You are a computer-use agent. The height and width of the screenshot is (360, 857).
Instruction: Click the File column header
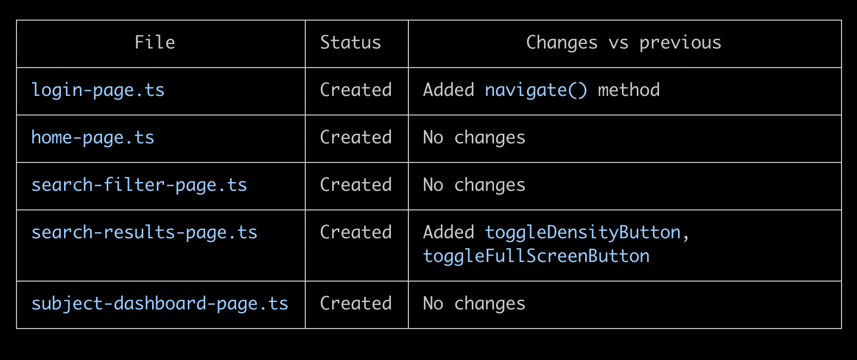[x=155, y=42]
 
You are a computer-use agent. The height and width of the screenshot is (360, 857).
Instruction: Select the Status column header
[x=351, y=42]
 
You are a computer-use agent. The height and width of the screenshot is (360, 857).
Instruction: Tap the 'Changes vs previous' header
[x=623, y=43]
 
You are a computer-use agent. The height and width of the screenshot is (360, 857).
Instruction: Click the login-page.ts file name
[x=98, y=91]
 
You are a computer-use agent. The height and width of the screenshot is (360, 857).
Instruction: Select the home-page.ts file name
[x=93, y=138]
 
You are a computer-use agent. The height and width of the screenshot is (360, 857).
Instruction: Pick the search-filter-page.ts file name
[x=139, y=186]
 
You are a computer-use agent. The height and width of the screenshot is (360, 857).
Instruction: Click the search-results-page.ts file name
[x=144, y=233]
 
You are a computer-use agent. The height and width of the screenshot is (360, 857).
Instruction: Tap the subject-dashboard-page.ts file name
[x=159, y=304]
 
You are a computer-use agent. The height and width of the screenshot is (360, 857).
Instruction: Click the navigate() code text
[x=536, y=91]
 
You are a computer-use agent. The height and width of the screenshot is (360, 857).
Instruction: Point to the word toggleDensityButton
[x=583, y=233]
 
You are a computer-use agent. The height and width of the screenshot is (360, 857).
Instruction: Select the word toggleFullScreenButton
[x=536, y=257]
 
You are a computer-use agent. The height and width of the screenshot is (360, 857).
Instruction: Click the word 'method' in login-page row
[x=629, y=90]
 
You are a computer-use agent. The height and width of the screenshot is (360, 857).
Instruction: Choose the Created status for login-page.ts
[x=356, y=90]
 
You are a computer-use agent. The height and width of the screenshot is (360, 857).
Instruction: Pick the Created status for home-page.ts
[x=356, y=138]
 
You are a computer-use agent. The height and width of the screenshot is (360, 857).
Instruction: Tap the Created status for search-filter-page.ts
[x=356, y=185]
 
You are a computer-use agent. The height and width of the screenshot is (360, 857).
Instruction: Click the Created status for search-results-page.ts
[x=356, y=233]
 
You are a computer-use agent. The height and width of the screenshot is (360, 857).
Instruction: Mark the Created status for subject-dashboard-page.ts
[x=356, y=304]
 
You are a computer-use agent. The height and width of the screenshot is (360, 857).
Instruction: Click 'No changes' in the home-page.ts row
[x=474, y=138]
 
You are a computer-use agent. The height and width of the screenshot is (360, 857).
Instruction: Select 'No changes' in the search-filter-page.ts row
[x=474, y=186]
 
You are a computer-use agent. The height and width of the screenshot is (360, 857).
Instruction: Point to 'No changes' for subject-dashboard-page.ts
[x=474, y=304]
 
